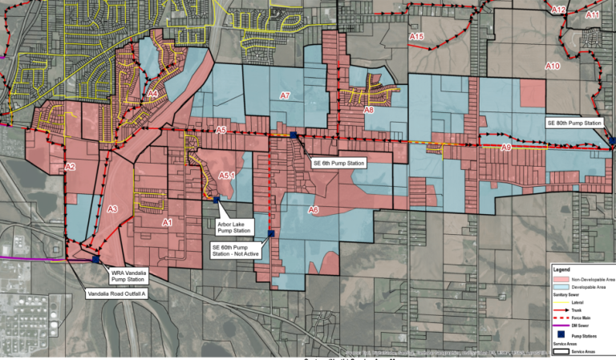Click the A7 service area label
pos(285,96)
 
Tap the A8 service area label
pos(369,111)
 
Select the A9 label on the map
pos(505,148)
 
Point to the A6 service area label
pos(314,210)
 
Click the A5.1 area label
pos(226,176)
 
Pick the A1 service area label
pos(168,222)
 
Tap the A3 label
pos(112,209)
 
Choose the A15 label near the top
pos(416,38)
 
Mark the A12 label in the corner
pos(560,10)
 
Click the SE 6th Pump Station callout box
pos(338,164)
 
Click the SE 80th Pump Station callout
pos(573,123)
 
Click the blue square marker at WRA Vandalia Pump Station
pos(96,260)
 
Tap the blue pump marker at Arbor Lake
pos(217,199)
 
